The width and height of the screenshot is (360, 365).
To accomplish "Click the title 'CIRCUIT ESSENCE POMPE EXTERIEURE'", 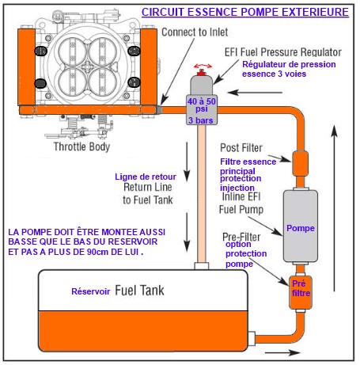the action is [x=245, y=12].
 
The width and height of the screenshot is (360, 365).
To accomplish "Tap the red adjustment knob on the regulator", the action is [x=202, y=72].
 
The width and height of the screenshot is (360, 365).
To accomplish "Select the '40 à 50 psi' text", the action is [x=202, y=105].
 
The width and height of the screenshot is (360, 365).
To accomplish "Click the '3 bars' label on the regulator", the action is [x=201, y=120].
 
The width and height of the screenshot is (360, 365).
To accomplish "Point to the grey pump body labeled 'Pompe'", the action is [x=300, y=226].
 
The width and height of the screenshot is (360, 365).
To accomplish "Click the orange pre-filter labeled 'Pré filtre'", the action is [x=301, y=292].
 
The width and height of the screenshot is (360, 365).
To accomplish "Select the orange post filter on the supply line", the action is [x=300, y=163].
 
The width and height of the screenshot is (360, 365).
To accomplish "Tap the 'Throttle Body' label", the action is [x=81, y=146].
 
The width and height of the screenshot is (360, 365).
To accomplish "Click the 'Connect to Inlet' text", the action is [x=195, y=32].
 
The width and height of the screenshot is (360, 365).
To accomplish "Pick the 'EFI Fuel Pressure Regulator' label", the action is [x=283, y=52].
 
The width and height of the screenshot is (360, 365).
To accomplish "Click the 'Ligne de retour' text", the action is [x=146, y=177].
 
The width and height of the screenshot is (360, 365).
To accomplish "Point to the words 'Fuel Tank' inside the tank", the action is [x=139, y=291].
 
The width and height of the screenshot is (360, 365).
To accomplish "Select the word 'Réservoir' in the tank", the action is [x=91, y=291].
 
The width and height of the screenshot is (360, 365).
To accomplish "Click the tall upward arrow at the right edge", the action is [x=335, y=208].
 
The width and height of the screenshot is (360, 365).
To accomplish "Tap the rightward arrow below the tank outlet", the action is [x=282, y=352].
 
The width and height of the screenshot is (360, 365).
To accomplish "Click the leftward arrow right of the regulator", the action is [x=256, y=93].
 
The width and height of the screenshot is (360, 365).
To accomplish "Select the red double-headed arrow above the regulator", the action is [x=203, y=66].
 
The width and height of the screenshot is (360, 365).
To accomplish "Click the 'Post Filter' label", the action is [x=241, y=148].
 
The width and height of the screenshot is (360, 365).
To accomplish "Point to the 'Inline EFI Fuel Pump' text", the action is [x=241, y=203].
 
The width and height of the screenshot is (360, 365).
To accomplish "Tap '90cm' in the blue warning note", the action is [x=97, y=252].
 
